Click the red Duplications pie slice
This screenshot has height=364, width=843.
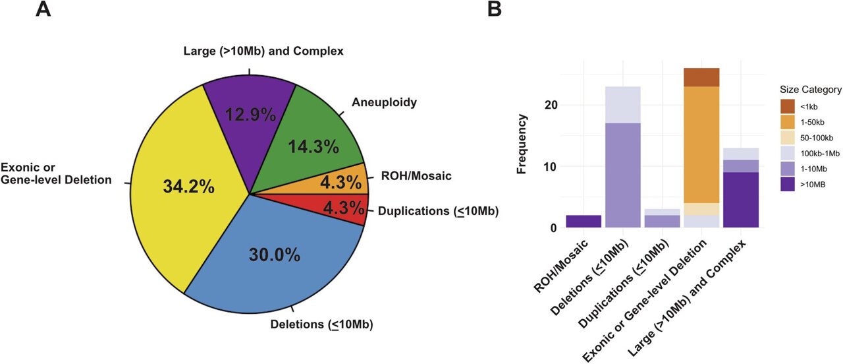[x=342, y=210]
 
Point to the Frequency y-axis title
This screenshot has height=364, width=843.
[x=522, y=144]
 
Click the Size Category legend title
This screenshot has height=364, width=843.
[x=806, y=90]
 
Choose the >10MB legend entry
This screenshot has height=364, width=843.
[x=807, y=187]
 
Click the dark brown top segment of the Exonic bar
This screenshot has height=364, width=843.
[x=701, y=77]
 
